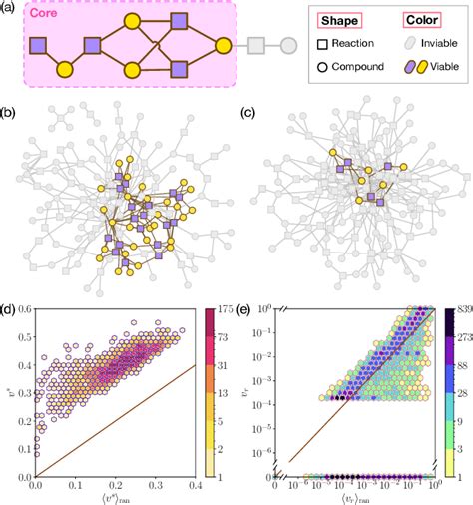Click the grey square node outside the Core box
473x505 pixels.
tap(256, 45)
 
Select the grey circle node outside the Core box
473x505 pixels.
tap(288, 45)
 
